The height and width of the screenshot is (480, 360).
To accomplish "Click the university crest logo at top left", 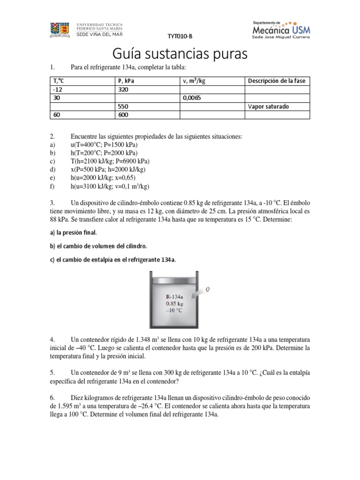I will pyautogui.click(x=60, y=29).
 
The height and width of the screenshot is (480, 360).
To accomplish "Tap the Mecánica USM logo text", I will pyautogui.click(x=281, y=30).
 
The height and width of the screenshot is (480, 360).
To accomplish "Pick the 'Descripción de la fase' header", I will pyautogui.click(x=276, y=81).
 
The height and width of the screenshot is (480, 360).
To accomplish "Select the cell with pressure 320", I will pyautogui.click(x=123, y=90).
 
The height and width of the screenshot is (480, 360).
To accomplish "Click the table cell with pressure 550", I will pyautogui.click(x=123, y=106).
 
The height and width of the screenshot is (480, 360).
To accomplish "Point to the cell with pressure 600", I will pyautogui.click(x=123, y=115).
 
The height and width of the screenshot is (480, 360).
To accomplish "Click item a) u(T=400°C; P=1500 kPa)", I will pyautogui.click(x=104, y=145).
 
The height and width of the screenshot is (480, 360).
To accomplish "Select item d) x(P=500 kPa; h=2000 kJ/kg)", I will pyautogui.click(x=108, y=170).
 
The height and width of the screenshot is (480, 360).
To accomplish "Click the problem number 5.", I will pyautogui.click(x=52, y=372).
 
